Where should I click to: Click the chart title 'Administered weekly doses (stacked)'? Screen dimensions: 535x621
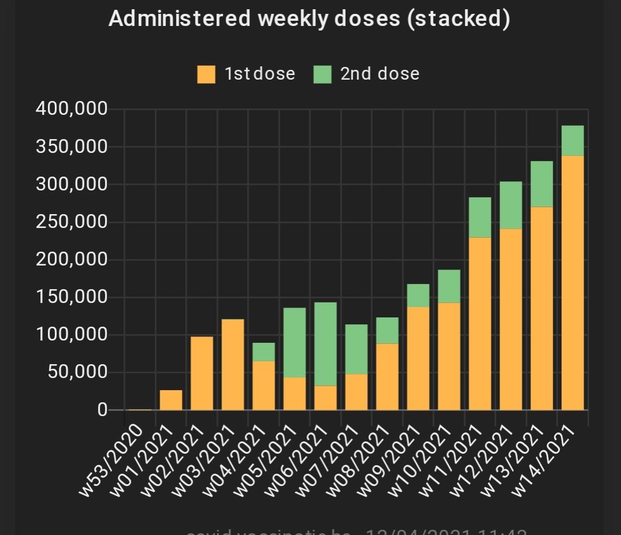(x=309, y=19)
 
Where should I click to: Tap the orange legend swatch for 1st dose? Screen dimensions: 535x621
(x=206, y=74)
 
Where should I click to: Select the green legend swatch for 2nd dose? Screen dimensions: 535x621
(x=323, y=74)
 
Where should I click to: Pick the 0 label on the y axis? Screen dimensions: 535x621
(x=103, y=410)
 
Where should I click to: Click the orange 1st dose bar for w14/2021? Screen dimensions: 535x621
(x=573, y=283)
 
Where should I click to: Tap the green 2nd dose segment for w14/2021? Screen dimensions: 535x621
(x=573, y=140)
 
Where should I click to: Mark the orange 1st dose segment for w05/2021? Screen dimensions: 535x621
(x=294, y=394)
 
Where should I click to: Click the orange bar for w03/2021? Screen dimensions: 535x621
(x=233, y=364)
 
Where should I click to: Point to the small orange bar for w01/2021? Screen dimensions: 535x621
(x=171, y=400)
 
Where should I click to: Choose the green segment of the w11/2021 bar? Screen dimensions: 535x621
(x=480, y=217)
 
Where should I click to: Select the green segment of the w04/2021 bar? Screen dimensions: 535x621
(x=264, y=351)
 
